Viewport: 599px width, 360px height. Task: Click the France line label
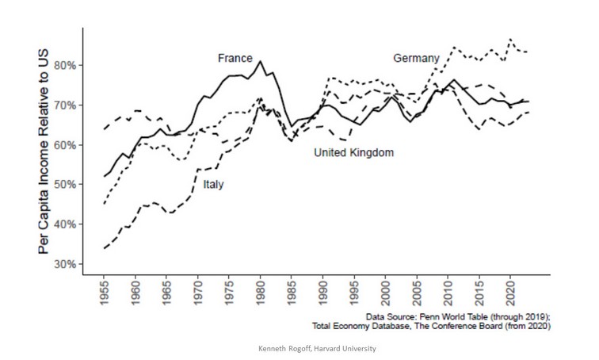point(235,58)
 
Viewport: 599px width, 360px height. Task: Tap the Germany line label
point(416,58)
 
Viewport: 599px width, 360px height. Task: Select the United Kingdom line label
point(353,151)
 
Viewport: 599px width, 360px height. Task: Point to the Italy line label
point(212,184)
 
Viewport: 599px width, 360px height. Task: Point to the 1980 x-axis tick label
point(260,295)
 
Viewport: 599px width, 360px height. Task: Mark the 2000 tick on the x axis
point(384,295)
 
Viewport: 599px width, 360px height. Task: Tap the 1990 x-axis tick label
point(322,295)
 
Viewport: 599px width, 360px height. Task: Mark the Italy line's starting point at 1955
point(105,248)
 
